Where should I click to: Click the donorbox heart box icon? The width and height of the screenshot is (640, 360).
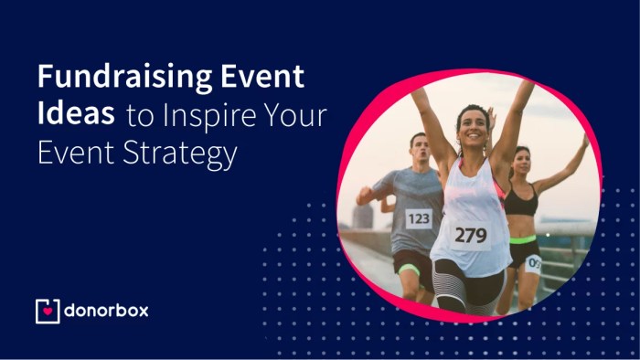point(47,311)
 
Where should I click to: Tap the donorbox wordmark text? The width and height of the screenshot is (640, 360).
point(106,311)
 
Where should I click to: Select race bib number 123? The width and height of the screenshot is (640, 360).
point(419,218)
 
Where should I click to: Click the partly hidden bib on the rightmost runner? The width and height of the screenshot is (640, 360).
point(534,263)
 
